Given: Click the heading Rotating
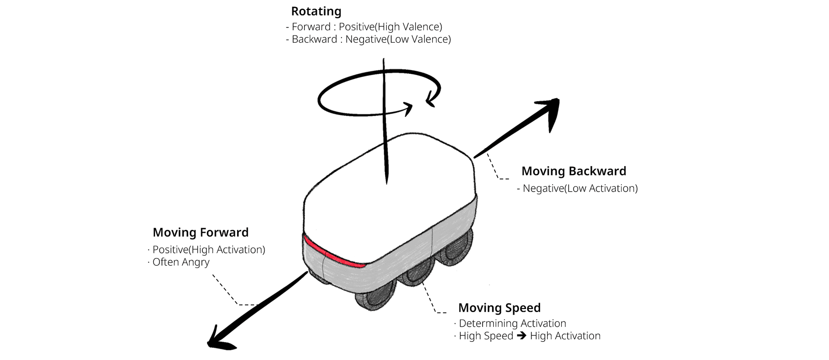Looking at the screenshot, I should [316, 11].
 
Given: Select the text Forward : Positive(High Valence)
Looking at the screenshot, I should [367, 27].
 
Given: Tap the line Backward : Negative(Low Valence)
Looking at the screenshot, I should [371, 39].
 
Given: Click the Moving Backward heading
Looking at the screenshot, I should [573, 171].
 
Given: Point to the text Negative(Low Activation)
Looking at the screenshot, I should [580, 188].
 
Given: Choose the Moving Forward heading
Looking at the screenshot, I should [200, 232].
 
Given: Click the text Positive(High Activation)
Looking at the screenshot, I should [209, 249].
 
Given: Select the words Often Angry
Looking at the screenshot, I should [181, 262].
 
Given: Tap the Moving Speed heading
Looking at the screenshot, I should [499, 308].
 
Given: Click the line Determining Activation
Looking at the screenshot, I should [512, 323].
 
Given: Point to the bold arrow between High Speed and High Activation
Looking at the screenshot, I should [522, 336].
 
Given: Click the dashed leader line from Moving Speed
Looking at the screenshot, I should [430, 298].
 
